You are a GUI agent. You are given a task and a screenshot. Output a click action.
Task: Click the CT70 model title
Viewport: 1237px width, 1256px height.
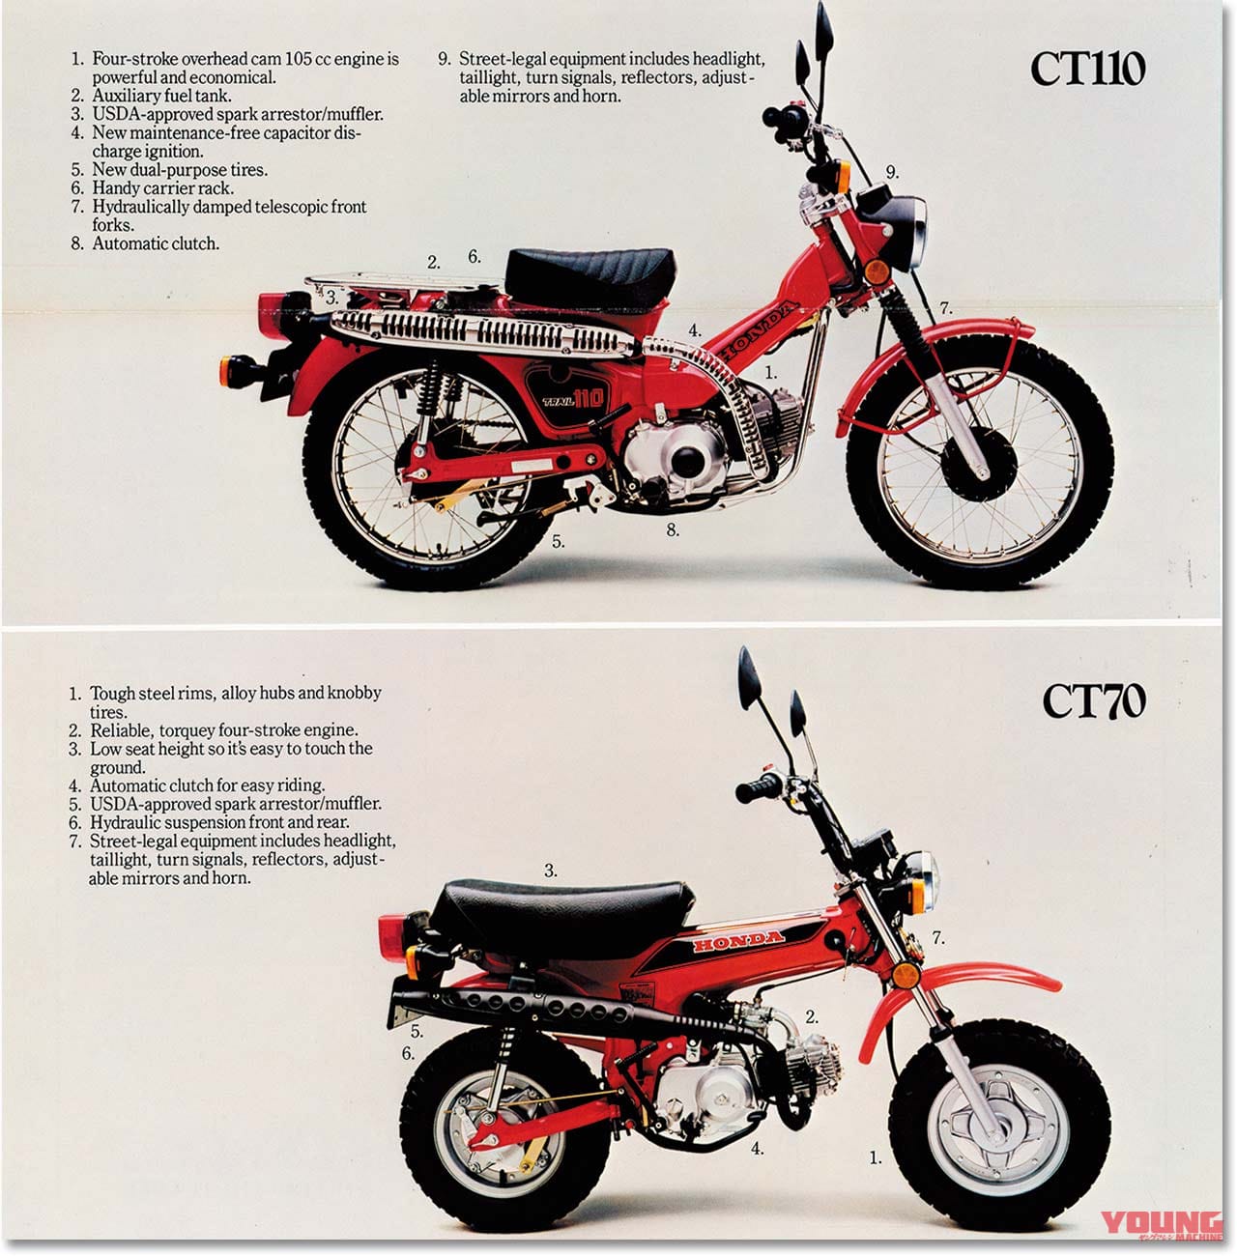1093,701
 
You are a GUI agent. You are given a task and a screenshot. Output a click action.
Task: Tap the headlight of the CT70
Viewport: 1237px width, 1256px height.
923,880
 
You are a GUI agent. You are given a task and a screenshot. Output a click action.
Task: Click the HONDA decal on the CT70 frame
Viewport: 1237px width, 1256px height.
739,940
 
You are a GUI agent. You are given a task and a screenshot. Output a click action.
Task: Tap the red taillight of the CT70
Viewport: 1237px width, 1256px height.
395,932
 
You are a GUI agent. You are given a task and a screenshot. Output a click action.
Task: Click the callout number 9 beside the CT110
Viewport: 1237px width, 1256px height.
892,172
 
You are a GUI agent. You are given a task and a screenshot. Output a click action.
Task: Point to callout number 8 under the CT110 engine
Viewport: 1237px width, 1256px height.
673,529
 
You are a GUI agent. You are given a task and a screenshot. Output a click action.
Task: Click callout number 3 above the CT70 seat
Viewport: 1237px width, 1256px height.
551,871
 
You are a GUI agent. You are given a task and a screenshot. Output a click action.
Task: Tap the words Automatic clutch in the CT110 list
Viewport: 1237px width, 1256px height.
155,243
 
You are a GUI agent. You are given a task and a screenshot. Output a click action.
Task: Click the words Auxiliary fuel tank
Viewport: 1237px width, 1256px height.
161,96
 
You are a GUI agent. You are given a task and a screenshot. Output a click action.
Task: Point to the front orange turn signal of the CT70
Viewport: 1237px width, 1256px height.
905,975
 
